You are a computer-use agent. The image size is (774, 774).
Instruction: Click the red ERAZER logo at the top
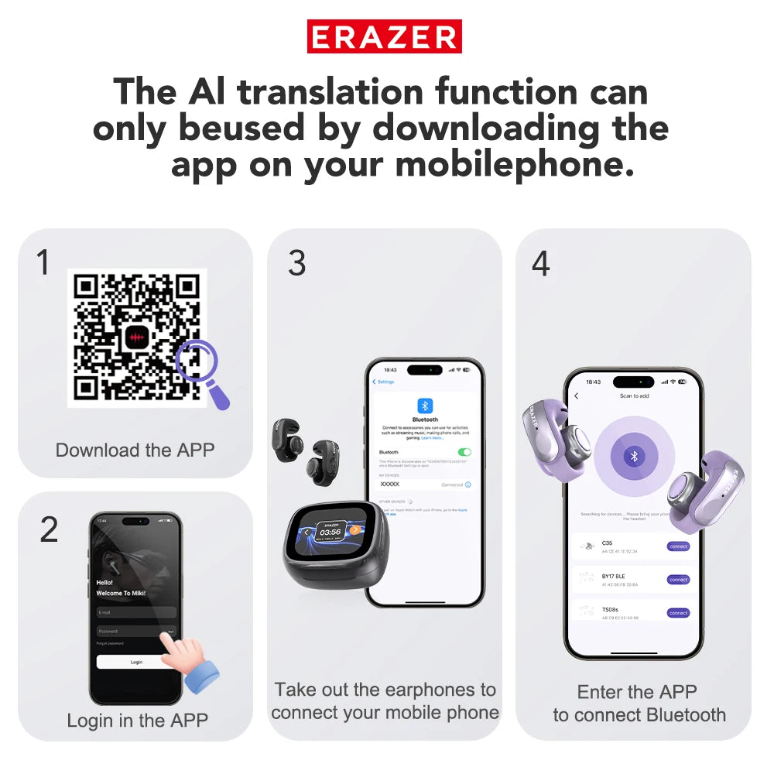tap(385, 36)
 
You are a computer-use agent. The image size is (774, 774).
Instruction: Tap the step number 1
tap(43, 263)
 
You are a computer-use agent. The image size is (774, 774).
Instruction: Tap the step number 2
tap(49, 529)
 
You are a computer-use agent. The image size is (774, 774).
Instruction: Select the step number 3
tap(296, 263)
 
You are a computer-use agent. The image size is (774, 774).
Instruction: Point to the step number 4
tap(540, 263)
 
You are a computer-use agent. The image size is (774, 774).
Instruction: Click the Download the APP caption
tap(135, 450)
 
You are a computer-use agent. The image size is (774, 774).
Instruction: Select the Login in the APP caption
tap(137, 721)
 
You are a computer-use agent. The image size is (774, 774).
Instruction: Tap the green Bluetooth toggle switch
tap(464, 452)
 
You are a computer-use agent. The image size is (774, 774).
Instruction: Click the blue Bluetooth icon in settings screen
tap(425, 406)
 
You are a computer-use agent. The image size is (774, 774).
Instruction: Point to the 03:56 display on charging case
tap(330, 532)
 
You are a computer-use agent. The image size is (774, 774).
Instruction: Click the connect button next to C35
tap(678, 546)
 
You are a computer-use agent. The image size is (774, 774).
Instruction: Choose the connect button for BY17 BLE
tap(678, 580)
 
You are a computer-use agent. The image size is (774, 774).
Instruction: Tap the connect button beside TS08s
tap(678, 613)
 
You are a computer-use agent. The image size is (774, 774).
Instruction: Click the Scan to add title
tap(634, 396)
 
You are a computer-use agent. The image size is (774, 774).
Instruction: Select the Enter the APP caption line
tap(637, 691)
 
